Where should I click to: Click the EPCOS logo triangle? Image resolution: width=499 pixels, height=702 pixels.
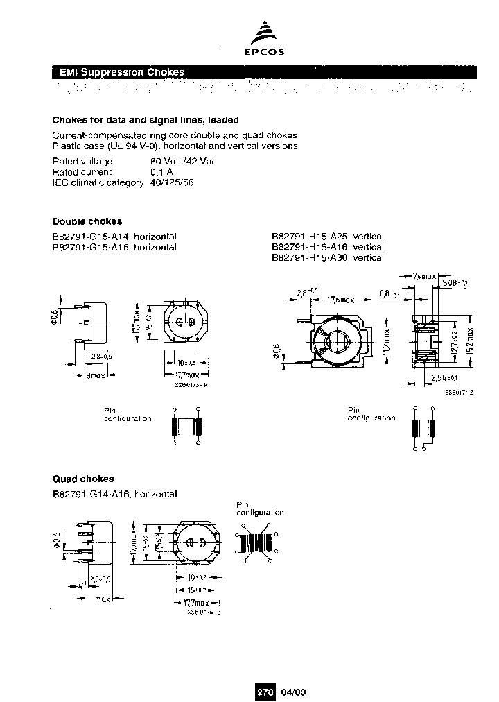(x=266, y=35)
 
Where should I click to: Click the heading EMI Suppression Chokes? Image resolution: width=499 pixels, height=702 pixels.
(x=119, y=72)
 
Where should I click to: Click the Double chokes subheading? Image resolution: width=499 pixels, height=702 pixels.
(x=87, y=222)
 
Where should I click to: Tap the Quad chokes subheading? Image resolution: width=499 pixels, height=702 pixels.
(x=83, y=479)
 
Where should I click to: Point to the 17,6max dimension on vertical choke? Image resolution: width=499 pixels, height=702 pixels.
(x=340, y=300)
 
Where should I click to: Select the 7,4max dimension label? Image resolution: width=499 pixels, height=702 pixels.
(x=424, y=276)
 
